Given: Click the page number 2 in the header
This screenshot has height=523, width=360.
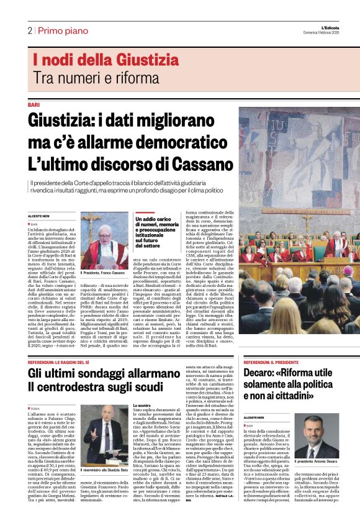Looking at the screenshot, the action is click(x=29, y=30).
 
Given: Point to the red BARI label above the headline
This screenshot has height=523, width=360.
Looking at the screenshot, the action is click(x=34, y=105).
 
